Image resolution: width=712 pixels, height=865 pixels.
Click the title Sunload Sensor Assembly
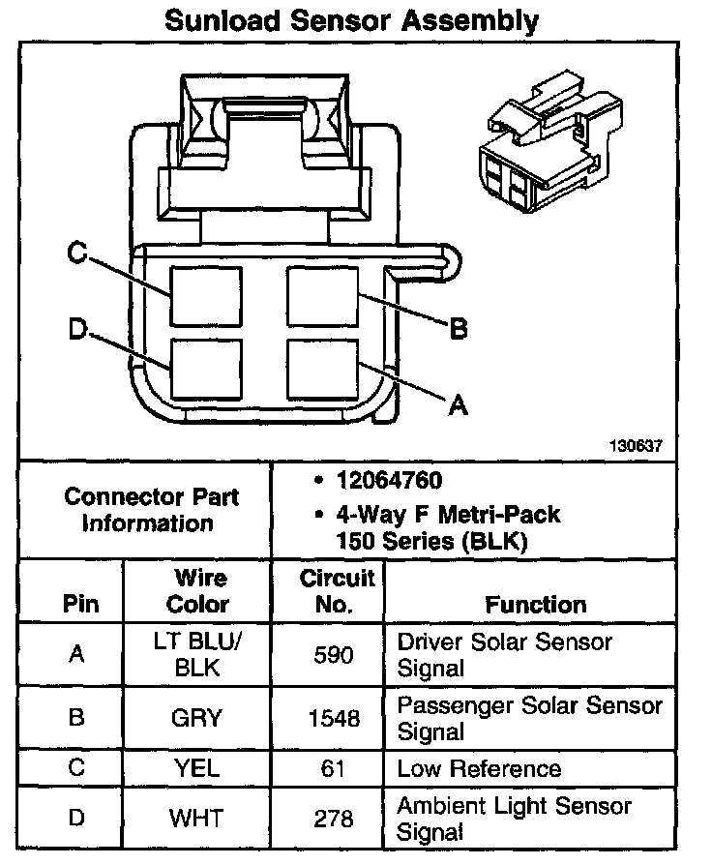tap(351, 21)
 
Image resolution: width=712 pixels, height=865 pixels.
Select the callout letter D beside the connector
tap(77, 330)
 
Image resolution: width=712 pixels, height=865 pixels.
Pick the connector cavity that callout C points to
tap(199, 295)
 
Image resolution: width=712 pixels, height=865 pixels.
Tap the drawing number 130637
tap(635, 447)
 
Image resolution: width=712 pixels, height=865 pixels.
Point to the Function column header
tap(535, 605)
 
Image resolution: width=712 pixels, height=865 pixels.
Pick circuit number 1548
tap(335, 718)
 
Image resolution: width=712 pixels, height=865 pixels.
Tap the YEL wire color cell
tap(198, 769)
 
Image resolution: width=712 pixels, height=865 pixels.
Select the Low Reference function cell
tap(479, 769)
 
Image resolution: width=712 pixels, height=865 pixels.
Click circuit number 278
tap(335, 819)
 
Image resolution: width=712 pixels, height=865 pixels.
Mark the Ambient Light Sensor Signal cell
tap(514, 819)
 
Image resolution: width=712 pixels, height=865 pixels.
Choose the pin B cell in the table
tap(77, 718)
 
